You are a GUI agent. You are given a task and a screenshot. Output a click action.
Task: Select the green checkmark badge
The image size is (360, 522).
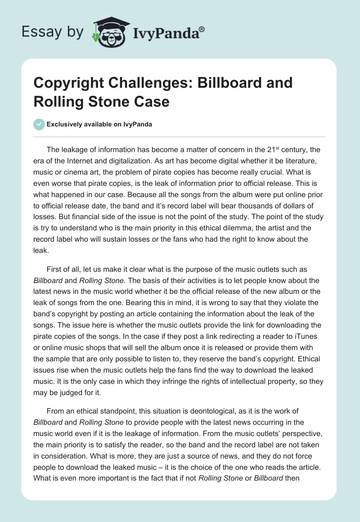coord(39,124)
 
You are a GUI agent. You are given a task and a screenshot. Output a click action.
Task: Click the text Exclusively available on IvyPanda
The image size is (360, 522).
coord(99,125)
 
